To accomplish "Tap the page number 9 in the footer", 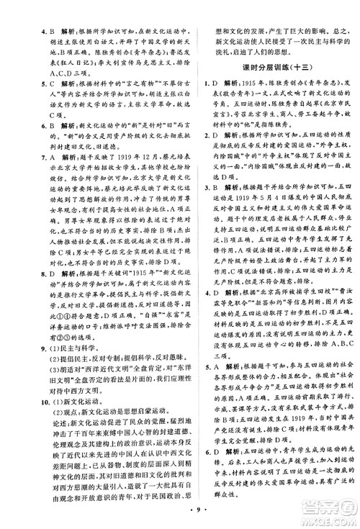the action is (181, 515).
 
